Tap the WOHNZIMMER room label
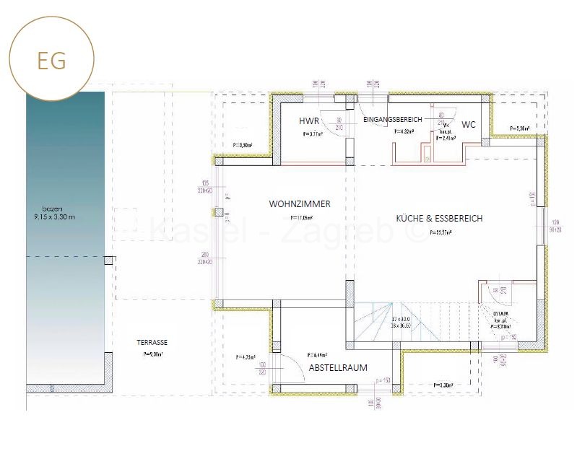click(300, 204)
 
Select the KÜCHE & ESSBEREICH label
click(439, 218)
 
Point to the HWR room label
click(309, 121)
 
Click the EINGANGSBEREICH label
click(392, 118)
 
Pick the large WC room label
click(469, 124)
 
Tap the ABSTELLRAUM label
click(337, 367)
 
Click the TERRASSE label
click(152, 343)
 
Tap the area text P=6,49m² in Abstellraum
click(316, 355)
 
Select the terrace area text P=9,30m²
click(152, 355)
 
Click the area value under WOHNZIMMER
click(301, 217)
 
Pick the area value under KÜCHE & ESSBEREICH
click(441, 232)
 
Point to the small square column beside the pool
click(108, 260)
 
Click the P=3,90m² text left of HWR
click(242, 145)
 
